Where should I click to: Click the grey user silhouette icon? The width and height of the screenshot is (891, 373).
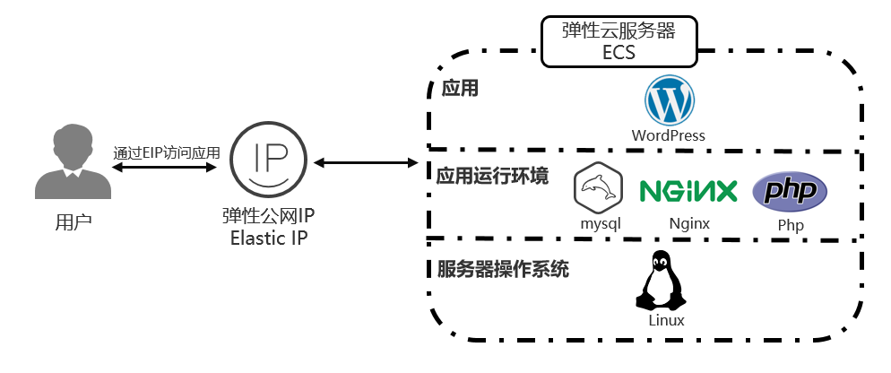(x=74, y=162)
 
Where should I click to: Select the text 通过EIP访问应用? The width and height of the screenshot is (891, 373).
(x=167, y=152)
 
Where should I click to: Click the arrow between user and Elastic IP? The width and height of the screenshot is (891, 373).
(x=167, y=167)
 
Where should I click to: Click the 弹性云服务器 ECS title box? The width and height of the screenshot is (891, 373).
(x=619, y=41)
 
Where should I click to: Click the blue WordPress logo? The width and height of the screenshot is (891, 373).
(x=669, y=100)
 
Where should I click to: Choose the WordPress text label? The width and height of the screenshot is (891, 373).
(x=669, y=135)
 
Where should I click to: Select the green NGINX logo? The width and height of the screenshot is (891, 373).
(x=688, y=190)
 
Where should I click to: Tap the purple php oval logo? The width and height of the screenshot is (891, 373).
(x=789, y=190)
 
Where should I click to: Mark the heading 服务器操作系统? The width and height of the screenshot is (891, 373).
(x=503, y=269)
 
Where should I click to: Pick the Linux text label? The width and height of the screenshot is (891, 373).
(x=666, y=320)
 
